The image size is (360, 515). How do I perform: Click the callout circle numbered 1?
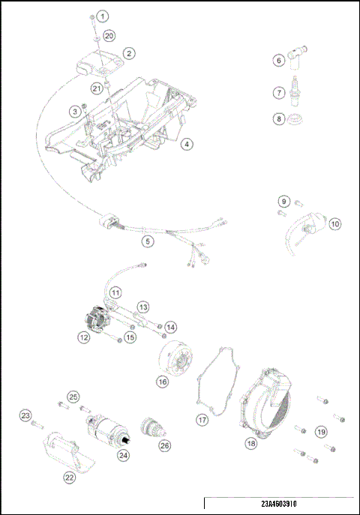tap(103, 16)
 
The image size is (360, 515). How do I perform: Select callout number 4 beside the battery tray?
tap(187, 144)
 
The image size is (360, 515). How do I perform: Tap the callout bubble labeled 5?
tap(148, 241)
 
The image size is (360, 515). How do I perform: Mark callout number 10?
tap(334, 223)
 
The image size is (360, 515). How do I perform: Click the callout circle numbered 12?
tap(84, 338)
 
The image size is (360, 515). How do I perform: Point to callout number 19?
tap(321, 431)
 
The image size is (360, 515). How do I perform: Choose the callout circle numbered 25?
tap(73, 397)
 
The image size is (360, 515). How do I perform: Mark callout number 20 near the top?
tap(109, 35)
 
